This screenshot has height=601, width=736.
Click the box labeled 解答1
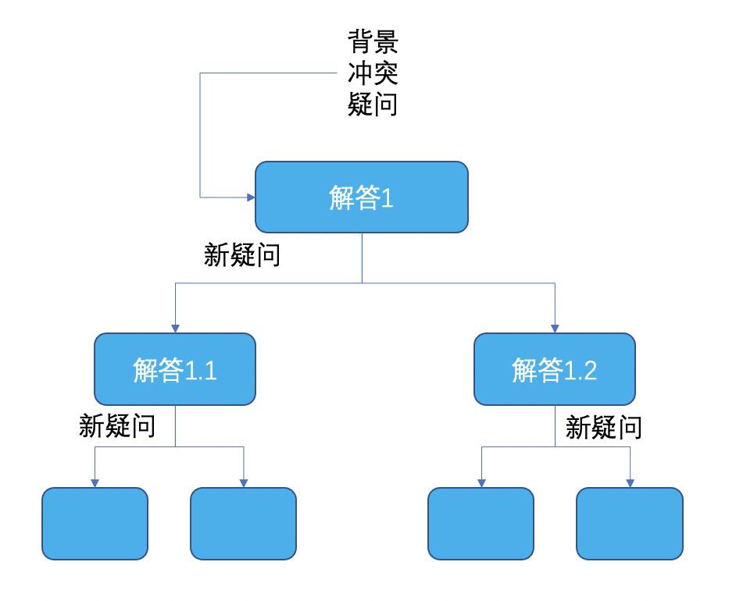[x=361, y=197]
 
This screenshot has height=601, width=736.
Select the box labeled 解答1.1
[x=175, y=369]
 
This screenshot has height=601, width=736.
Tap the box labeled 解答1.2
[x=555, y=369]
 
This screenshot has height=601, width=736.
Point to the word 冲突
[x=373, y=73]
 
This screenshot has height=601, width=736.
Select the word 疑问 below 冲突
[x=373, y=103]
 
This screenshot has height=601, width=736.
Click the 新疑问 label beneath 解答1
[x=242, y=255]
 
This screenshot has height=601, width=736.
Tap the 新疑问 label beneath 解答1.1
[x=117, y=425]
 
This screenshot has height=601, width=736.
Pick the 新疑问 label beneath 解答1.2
[x=603, y=427]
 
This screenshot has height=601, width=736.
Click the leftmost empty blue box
[x=95, y=524]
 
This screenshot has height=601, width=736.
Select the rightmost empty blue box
[x=630, y=524]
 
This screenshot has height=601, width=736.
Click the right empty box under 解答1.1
[x=243, y=524]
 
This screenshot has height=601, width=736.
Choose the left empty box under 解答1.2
[x=481, y=524]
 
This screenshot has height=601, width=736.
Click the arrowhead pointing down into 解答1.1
[x=175, y=327]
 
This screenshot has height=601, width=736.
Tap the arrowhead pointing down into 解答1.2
[x=555, y=327]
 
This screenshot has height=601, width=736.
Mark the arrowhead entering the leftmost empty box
[x=95, y=482]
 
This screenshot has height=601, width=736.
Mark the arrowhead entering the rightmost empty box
[x=630, y=482]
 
